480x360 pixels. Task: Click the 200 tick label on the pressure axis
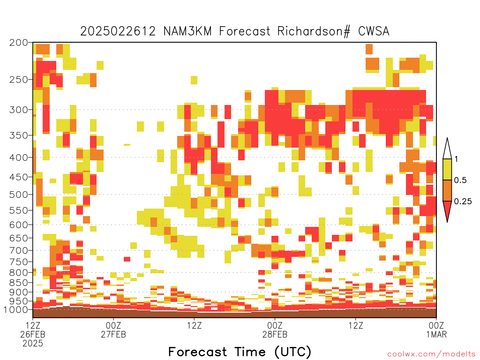pos(18,43)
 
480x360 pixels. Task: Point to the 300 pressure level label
pos(18,110)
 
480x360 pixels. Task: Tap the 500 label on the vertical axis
pos(18,195)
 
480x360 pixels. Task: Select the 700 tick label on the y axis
pos(18,250)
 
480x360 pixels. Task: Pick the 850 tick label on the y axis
pos(18,283)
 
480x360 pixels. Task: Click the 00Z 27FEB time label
pos(113,330)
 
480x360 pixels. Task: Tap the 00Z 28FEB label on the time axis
pos(275,330)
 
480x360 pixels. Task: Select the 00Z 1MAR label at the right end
pos(436,330)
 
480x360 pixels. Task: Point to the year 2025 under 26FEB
pos(33,343)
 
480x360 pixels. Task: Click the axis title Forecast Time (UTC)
pos(240,352)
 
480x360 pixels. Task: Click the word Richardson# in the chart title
pos(314,31)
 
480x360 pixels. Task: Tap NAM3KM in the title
pos(187,31)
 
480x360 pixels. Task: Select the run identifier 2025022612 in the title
pos(118,31)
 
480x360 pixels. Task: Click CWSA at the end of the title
pos(374,31)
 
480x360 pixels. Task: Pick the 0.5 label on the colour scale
pos(460,180)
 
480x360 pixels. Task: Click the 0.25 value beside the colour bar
pos(463,201)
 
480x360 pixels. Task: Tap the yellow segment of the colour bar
pos(447,169)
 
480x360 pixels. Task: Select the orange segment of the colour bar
pos(447,190)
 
